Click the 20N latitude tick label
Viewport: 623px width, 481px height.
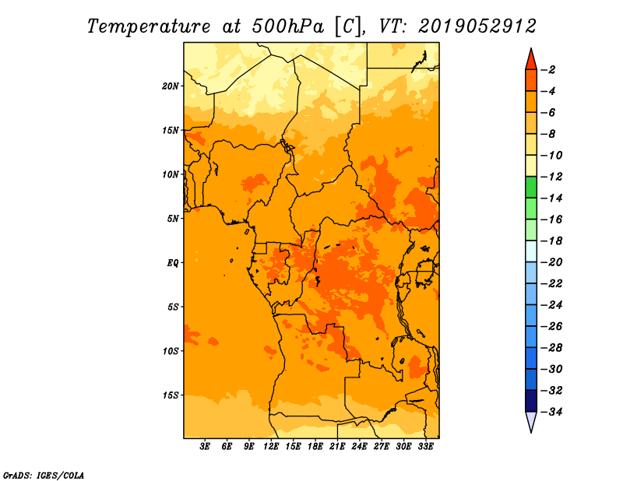[171, 86]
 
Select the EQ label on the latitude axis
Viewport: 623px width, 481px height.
[173, 263]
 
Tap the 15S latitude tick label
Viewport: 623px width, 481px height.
[171, 395]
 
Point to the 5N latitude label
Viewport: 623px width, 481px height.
[173, 219]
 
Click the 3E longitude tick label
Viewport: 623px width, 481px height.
[205, 446]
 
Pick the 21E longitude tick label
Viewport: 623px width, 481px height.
[337, 446]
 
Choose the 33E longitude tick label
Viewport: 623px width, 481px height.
[425, 446]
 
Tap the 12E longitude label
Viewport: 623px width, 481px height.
[271, 446]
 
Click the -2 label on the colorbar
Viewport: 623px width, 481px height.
[548, 70]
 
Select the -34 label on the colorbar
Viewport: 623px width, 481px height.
[551, 412]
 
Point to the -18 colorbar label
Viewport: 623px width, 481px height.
[551, 241]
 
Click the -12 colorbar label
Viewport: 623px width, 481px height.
[551, 177]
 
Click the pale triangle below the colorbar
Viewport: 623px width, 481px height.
[531, 420]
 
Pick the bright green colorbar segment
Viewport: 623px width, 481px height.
[531, 188]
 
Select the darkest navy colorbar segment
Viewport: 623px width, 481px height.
[531, 401]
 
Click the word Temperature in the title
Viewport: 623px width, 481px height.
[149, 26]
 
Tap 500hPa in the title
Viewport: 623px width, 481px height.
[288, 26]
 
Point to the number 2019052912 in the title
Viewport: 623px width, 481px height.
[477, 26]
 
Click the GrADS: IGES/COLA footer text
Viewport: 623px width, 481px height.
[44, 476]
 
